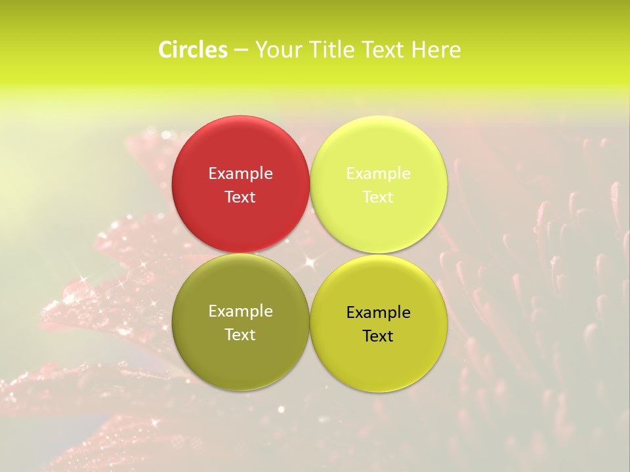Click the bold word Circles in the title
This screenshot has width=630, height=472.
(x=193, y=50)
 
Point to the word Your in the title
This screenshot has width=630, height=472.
(x=278, y=50)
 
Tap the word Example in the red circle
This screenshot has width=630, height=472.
(x=240, y=174)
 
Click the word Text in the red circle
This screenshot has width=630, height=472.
(x=240, y=197)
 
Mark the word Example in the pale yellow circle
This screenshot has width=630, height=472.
(x=378, y=174)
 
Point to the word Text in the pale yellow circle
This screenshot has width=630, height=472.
(x=378, y=197)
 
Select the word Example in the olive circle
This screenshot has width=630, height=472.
(x=240, y=311)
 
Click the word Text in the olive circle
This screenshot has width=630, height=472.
(x=240, y=335)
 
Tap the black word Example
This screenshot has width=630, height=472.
(x=378, y=313)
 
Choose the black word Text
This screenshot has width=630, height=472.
(x=378, y=336)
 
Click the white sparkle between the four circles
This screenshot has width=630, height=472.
(x=309, y=262)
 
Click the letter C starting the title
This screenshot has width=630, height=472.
(x=165, y=50)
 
